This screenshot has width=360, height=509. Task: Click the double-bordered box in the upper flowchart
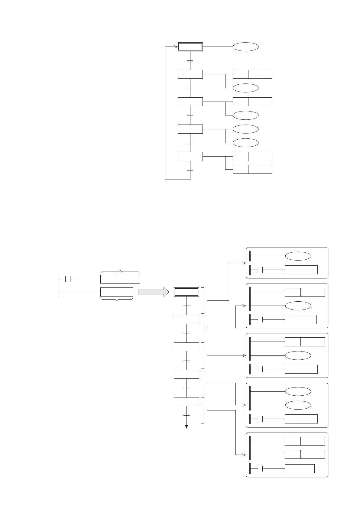click(190, 47)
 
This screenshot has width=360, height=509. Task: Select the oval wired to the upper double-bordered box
click(245, 47)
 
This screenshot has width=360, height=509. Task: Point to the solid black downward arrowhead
click(186, 426)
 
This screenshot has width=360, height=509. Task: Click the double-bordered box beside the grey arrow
click(186, 292)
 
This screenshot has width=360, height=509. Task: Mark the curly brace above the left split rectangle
click(120, 272)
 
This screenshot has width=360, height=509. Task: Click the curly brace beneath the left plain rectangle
click(116, 299)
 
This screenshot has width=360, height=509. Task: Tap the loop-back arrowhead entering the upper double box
click(176, 47)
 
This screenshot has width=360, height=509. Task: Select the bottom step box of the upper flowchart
click(190, 157)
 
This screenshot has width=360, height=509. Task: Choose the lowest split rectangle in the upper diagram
click(252, 169)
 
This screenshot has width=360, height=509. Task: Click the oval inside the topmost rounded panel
click(298, 256)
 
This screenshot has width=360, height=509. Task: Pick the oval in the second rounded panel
click(298, 306)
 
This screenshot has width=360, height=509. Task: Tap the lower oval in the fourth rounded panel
click(298, 405)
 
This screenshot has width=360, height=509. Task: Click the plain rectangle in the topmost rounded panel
click(301, 270)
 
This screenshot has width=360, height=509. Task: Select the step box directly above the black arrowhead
click(186, 402)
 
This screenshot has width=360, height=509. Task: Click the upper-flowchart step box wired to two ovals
click(190, 129)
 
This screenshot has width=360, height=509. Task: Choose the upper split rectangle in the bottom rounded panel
click(305, 441)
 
